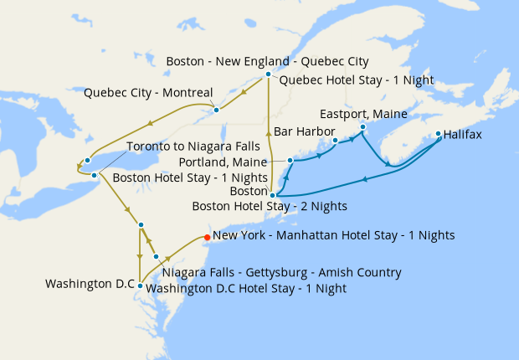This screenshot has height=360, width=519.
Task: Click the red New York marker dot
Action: coord(207,236)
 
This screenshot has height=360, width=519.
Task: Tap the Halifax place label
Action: coord(463,134)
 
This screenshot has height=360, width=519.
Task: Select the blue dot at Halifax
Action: coord(438,133)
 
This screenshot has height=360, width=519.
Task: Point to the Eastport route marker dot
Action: coord(362,127)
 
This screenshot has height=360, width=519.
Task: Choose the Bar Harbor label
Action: coord(304,131)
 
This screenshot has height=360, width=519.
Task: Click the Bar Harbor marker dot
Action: coord(335,141)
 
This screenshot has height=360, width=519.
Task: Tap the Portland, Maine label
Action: coord(224,162)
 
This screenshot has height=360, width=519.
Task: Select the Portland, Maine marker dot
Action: coord(290,160)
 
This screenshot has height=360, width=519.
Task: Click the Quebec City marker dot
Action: coord(268,75)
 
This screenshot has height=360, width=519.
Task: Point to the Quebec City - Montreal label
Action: coord(148,93)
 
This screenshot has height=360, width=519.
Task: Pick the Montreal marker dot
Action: coord(216,110)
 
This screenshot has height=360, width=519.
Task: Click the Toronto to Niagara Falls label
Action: coord(188,147)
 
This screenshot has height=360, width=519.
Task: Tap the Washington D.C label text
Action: coord(90,284)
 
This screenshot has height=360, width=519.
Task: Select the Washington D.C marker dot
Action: coord(141,285)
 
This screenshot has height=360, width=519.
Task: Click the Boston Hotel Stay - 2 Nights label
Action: coord(270,205)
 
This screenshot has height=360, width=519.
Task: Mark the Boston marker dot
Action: coord(273,195)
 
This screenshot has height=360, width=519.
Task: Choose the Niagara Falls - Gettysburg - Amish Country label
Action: coord(282,273)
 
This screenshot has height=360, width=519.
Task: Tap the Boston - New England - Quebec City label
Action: coord(267,62)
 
